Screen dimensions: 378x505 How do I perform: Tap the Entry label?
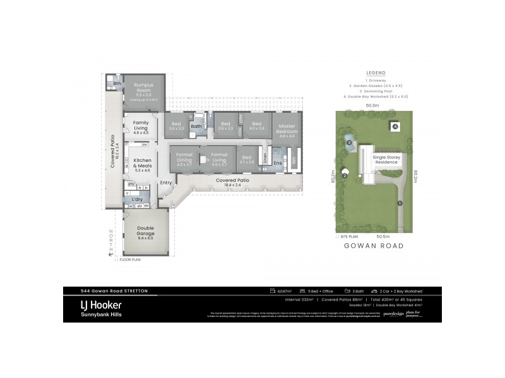coord(166,183)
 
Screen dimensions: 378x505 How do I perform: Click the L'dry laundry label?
coord(137,199)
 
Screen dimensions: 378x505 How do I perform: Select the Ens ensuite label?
coord(278,163)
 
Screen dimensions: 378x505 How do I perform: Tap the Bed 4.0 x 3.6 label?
coord(257,125)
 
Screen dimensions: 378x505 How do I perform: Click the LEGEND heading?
coord(375,72)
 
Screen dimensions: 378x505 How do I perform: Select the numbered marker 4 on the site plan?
coord(395,127)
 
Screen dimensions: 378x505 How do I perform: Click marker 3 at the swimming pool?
coord(348,143)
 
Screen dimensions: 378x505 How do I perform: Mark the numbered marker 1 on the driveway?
coord(400,203)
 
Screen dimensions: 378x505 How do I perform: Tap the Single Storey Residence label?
coord(386,159)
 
